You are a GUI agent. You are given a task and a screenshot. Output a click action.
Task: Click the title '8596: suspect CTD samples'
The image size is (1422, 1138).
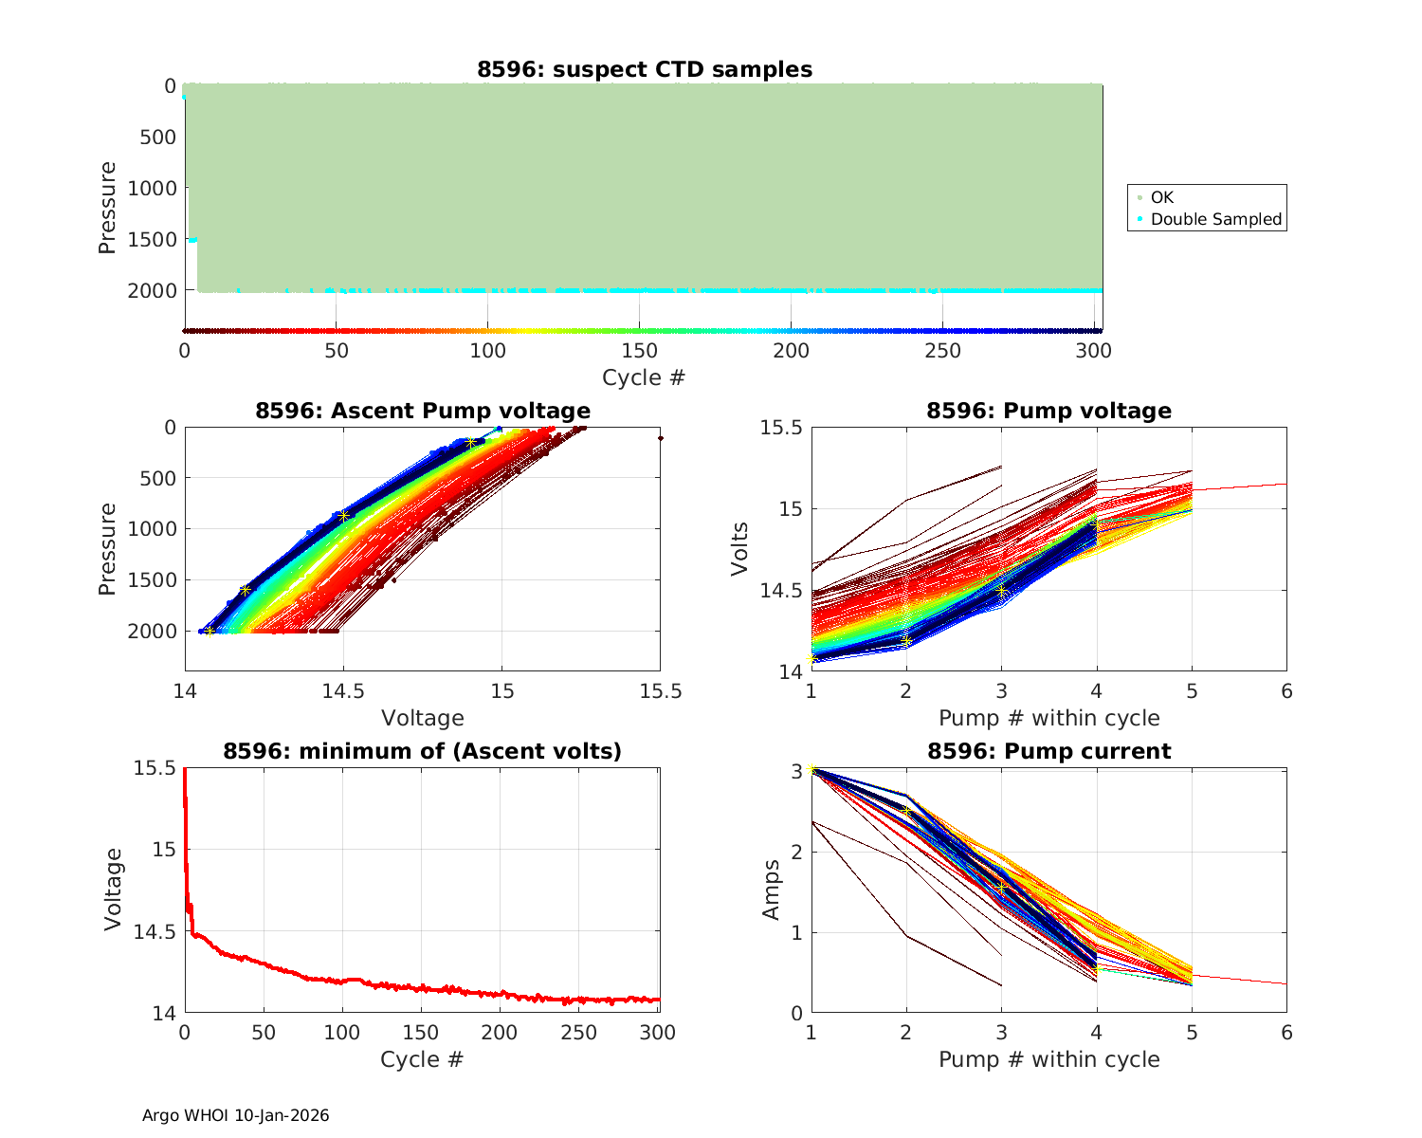click(x=645, y=69)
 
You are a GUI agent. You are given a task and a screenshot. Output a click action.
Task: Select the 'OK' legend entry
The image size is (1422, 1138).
click(x=1161, y=197)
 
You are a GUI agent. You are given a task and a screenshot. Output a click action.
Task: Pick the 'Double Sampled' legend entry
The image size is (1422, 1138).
click(x=1215, y=219)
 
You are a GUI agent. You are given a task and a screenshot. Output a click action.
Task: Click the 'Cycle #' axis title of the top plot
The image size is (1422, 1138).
click(x=644, y=377)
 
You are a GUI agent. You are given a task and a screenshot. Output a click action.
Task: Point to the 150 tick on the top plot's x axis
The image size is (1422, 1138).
click(x=639, y=351)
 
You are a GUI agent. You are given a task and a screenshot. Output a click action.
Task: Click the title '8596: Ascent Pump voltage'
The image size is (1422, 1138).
click(x=423, y=411)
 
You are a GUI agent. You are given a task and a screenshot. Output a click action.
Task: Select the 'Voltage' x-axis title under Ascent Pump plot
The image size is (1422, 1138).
click(x=423, y=718)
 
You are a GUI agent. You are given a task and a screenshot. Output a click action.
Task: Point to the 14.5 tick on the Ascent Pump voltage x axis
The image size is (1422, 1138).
click(x=343, y=691)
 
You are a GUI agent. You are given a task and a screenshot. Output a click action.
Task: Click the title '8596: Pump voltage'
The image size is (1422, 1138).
click(x=1048, y=411)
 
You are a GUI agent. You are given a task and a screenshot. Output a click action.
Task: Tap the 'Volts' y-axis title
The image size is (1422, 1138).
click(x=740, y=549)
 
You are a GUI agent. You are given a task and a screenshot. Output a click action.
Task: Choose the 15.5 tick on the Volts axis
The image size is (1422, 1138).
click(x=780, y=428)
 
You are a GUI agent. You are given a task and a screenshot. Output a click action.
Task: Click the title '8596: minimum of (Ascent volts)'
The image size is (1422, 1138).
click(x=423, y=751)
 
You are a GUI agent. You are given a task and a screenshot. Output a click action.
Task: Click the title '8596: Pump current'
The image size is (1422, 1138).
click(x=1048, y=751)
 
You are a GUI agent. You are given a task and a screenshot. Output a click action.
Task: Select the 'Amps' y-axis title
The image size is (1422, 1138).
click(x=773, y=890)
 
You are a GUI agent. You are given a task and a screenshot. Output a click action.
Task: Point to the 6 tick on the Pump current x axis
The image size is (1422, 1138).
click(x=1286, y=1033)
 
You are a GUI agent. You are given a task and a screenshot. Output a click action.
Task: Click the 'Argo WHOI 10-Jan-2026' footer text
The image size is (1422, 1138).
click(x=235, y=1115)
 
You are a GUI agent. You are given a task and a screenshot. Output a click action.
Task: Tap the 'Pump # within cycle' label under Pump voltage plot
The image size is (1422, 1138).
click(x=1048, y=718)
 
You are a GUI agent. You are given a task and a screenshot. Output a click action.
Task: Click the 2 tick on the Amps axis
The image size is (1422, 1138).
click(x=796, y=852)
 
